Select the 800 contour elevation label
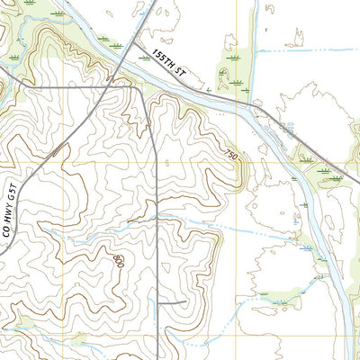click(118, 260)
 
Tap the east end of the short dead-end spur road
click(186, 301)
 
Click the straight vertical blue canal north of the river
click(255, 45)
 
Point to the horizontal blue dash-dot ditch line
click(306, 51)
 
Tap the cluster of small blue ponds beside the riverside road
click(286, 130)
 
